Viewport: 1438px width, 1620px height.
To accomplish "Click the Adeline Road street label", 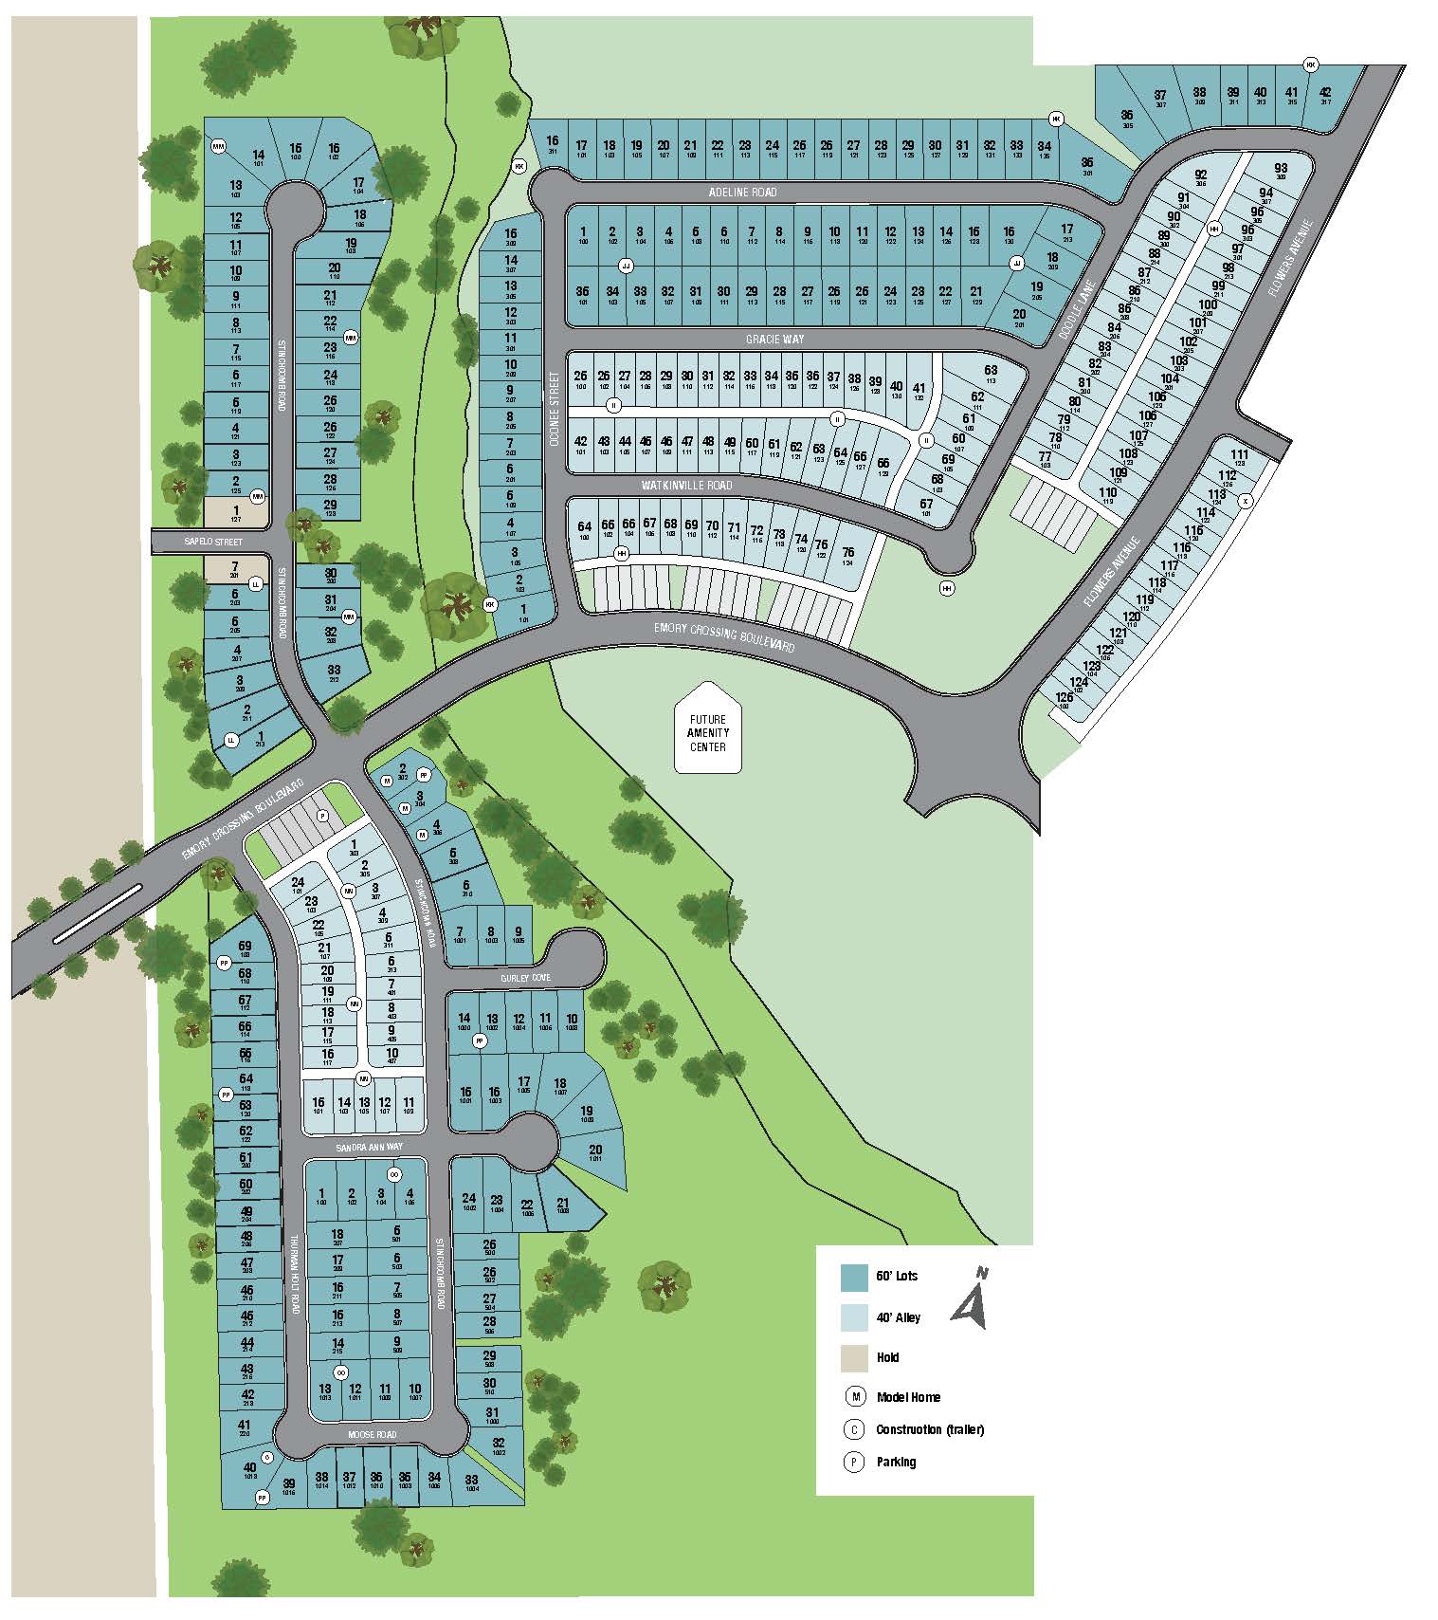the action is point(742,193).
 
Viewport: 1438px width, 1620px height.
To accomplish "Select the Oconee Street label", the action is point(557,412).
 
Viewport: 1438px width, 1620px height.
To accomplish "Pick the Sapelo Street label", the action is point(215,543).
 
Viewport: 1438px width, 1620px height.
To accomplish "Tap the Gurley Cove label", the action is point(526,977).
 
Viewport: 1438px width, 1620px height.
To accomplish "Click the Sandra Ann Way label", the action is point(369,1147).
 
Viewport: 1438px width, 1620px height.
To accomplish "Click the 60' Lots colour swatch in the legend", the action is point(854,1277).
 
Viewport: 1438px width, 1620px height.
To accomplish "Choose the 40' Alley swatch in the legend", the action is point(854,1317).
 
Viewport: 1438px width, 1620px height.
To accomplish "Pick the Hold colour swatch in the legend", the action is point(854,1358).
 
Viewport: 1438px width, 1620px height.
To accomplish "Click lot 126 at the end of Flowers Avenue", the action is point(1063,700).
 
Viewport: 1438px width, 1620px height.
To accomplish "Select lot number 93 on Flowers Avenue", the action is point(1281,172).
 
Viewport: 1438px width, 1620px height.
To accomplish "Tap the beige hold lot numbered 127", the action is point(236,514).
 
